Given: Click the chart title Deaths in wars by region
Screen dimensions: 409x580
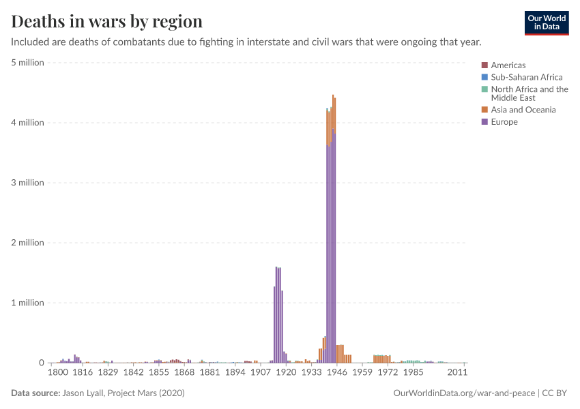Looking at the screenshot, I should pyautogui.click(x=106, y=21).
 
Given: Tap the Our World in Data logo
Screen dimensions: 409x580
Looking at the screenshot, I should pyautogui.click(x=546, y=22).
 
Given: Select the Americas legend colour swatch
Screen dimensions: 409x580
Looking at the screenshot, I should pyautogui.click(x=484, y=65).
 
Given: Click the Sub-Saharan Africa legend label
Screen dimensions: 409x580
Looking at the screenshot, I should pyautogui.click(x=527, y=77).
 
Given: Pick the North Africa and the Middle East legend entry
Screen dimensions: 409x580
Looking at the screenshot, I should pyautogui.click(x=530, y=93).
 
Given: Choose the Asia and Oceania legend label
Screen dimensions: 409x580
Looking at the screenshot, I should pyautogui.click(x=523, y=110).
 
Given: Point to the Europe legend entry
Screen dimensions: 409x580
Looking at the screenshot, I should pyautogui.click(x=504, y=122).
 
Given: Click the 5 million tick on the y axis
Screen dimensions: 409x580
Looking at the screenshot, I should pyautogui.click(x=28, y=63).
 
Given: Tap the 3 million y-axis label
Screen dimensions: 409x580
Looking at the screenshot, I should pyautogui.click(x=28, y=183).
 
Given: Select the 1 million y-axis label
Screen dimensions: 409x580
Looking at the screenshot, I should pyautogui.click(x=28, y=303).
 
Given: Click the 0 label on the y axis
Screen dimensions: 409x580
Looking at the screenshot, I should pyautogui.click(x=41, y=363).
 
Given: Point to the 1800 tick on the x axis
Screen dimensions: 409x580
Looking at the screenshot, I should pyautogui.click(x=57, y=373).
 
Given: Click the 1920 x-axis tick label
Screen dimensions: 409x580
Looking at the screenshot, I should pyautogui.click(x=286, y=373).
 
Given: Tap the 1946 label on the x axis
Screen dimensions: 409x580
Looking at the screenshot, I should pyautogui.click(x=336, y=373).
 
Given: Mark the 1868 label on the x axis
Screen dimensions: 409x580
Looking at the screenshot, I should pyautogui.click(x=185, y=373).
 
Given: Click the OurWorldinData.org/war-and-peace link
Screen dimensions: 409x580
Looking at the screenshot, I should pyautogui.click(x=465, y=393).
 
